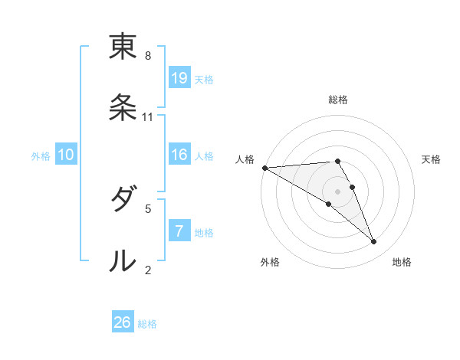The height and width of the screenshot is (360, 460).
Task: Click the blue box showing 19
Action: point(179,77)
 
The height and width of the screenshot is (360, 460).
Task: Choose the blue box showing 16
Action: point(179,155)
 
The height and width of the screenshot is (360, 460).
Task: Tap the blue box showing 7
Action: point(179,231)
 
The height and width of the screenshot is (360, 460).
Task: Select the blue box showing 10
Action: point(66,155)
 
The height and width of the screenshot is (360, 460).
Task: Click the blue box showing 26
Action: point(123,322)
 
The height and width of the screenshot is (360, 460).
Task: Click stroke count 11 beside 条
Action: point(148,116)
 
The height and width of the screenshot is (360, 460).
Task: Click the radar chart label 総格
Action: point(338,100)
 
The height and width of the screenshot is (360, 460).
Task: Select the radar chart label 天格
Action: point(431,159)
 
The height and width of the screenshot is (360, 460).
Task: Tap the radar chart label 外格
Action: point(270,262)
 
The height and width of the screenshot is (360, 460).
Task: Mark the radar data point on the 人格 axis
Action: point(264,168)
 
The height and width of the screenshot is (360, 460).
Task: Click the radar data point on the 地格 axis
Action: point(374,242)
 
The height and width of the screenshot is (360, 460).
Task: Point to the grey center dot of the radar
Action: point(337,191)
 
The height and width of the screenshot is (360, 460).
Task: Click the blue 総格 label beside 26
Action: point(147,324)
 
